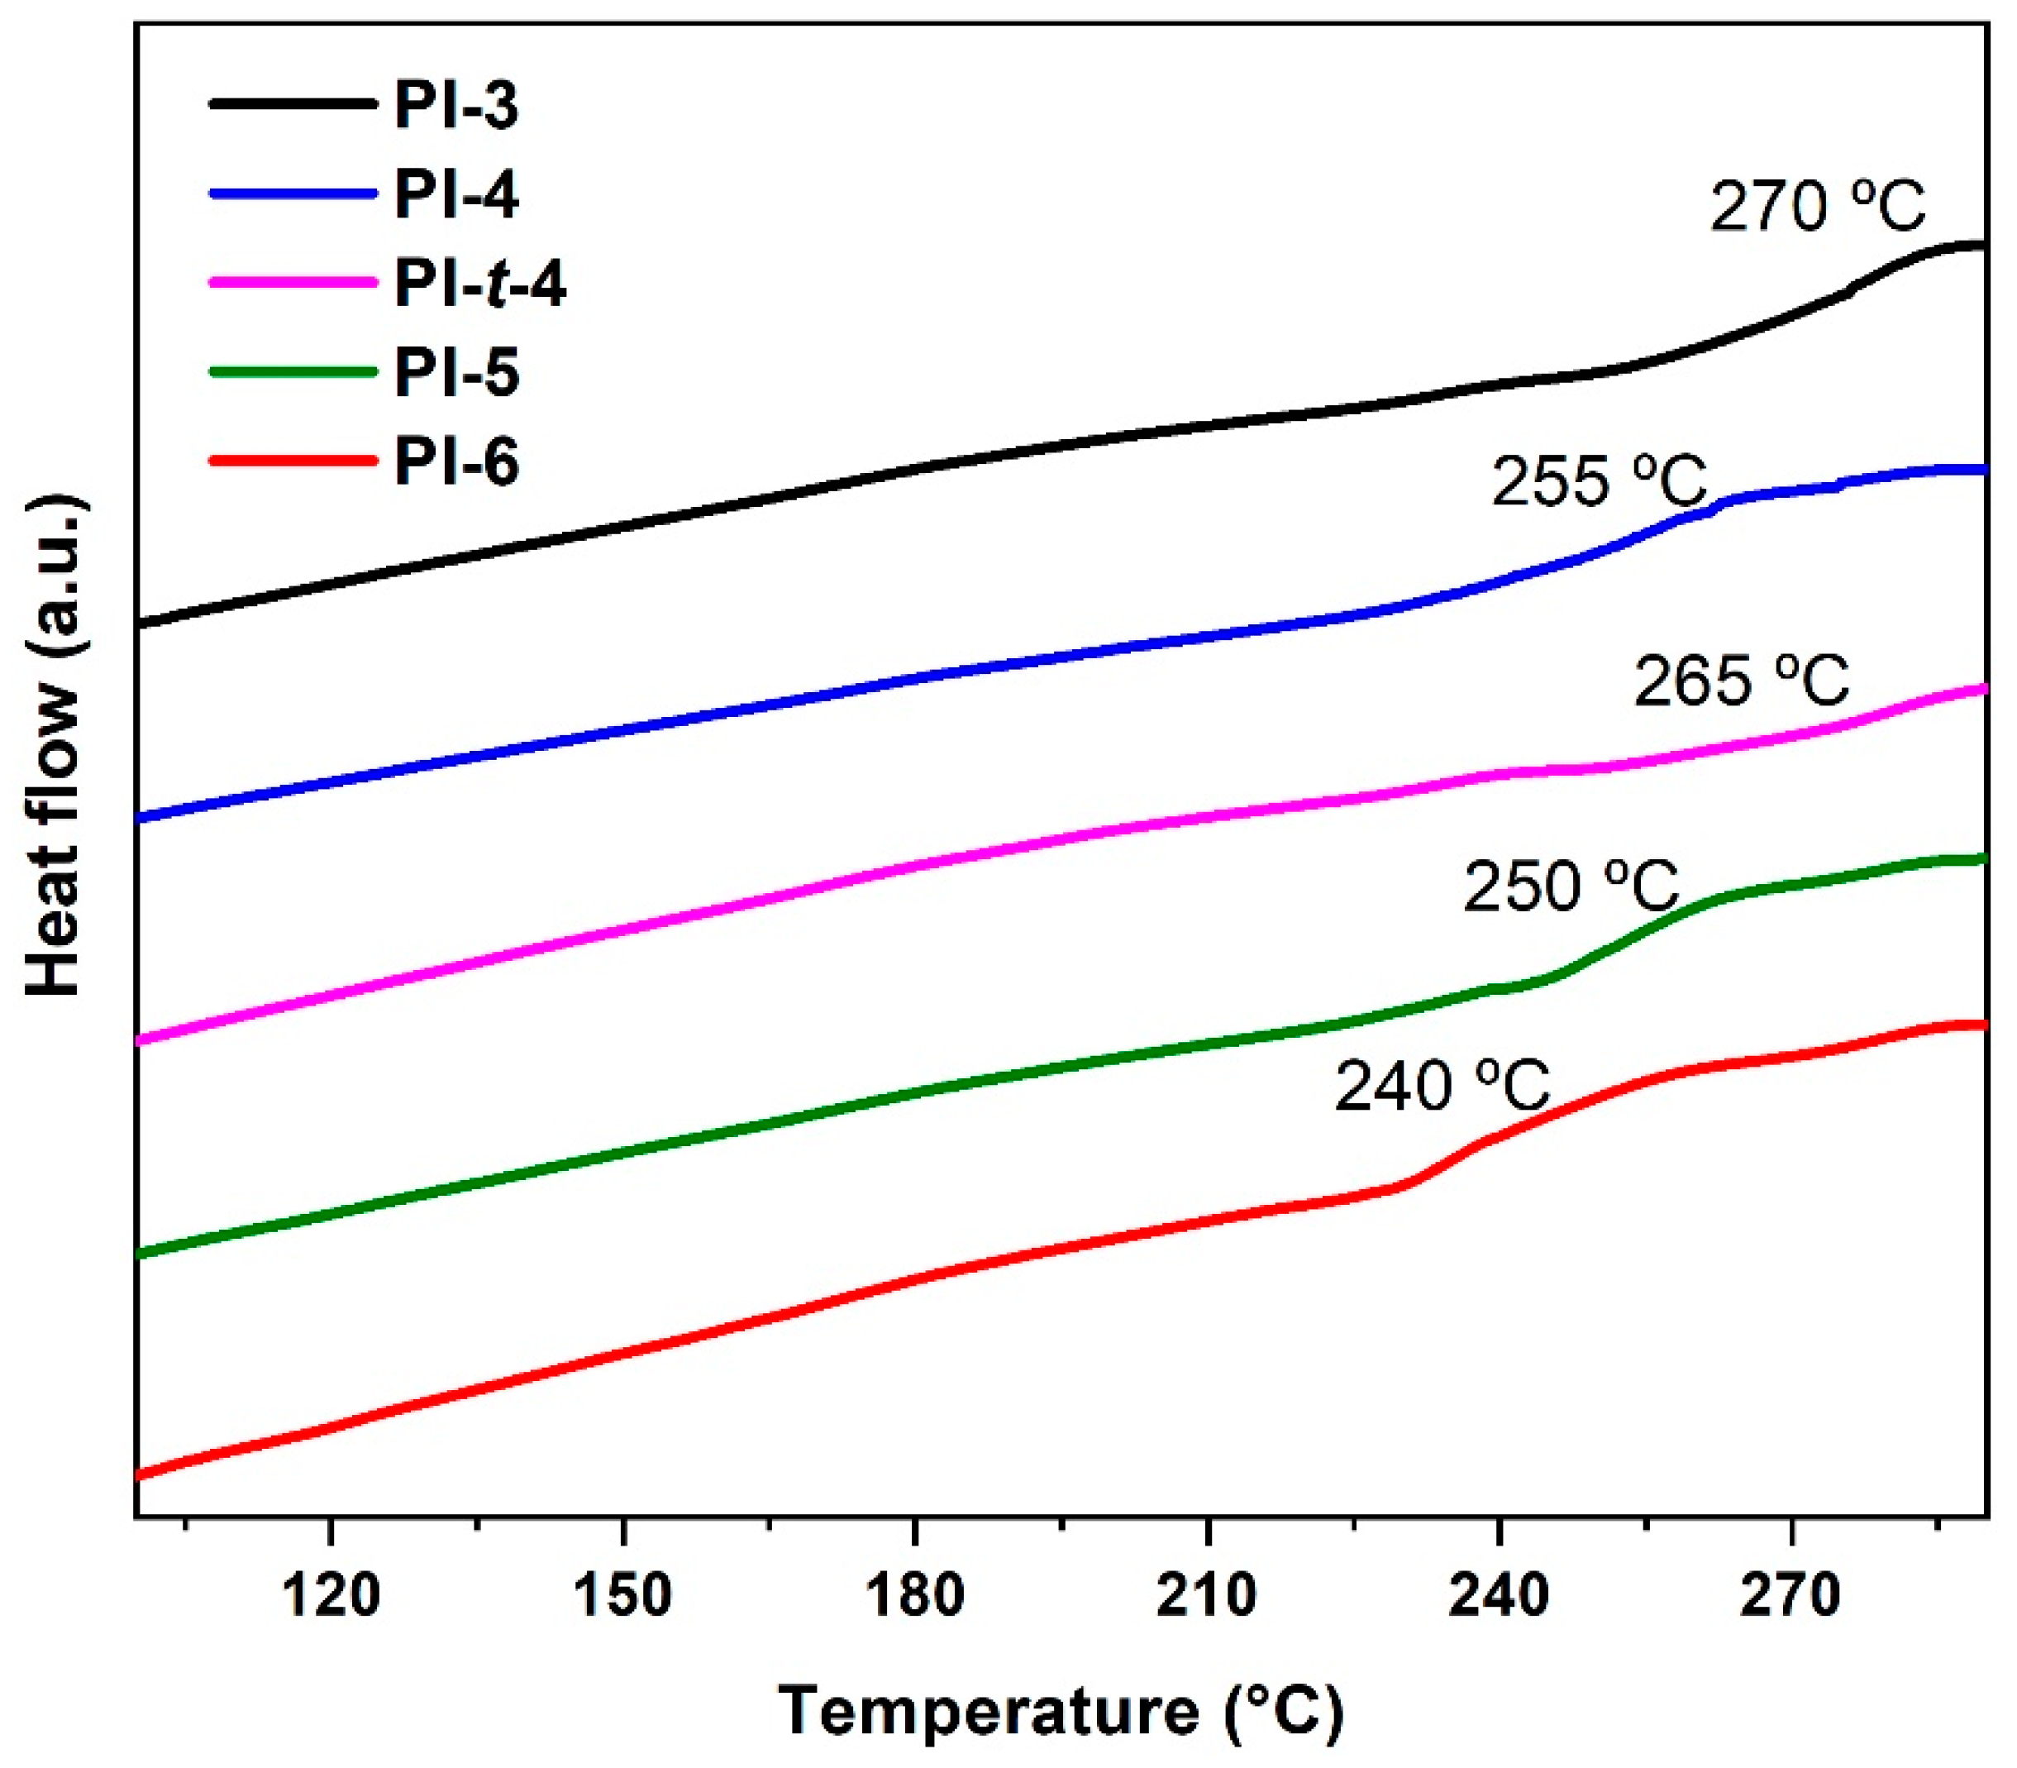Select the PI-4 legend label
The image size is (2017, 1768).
pos(455,194)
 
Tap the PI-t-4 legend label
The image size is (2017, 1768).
pos(480,284)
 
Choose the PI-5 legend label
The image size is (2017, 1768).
pos(455,373)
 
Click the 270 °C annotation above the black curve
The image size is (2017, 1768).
pos(1817,208)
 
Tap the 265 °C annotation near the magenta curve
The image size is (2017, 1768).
pos(1741,681)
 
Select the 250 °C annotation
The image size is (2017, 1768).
pos(1571,886)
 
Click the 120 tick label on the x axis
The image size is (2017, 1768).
pos(331,1596)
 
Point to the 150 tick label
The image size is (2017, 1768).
pos(622,1596)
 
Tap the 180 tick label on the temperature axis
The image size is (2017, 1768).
pos(914,1596)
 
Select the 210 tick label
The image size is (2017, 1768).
pos(1206,1596)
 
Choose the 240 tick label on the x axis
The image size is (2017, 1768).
pos(1498,1596)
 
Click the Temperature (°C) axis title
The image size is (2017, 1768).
pos(1061,1712)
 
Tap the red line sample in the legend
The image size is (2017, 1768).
pos(293,461)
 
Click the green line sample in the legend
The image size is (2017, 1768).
pos(293,372)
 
